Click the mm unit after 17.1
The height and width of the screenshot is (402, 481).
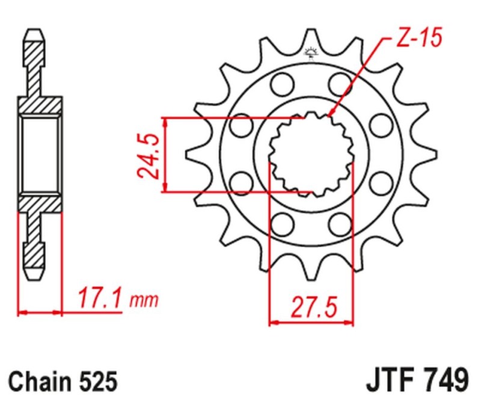tap(144, 299)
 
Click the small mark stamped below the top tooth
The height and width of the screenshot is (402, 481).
tap(311, 54)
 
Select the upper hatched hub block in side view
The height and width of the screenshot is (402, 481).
tap(40, 105)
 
